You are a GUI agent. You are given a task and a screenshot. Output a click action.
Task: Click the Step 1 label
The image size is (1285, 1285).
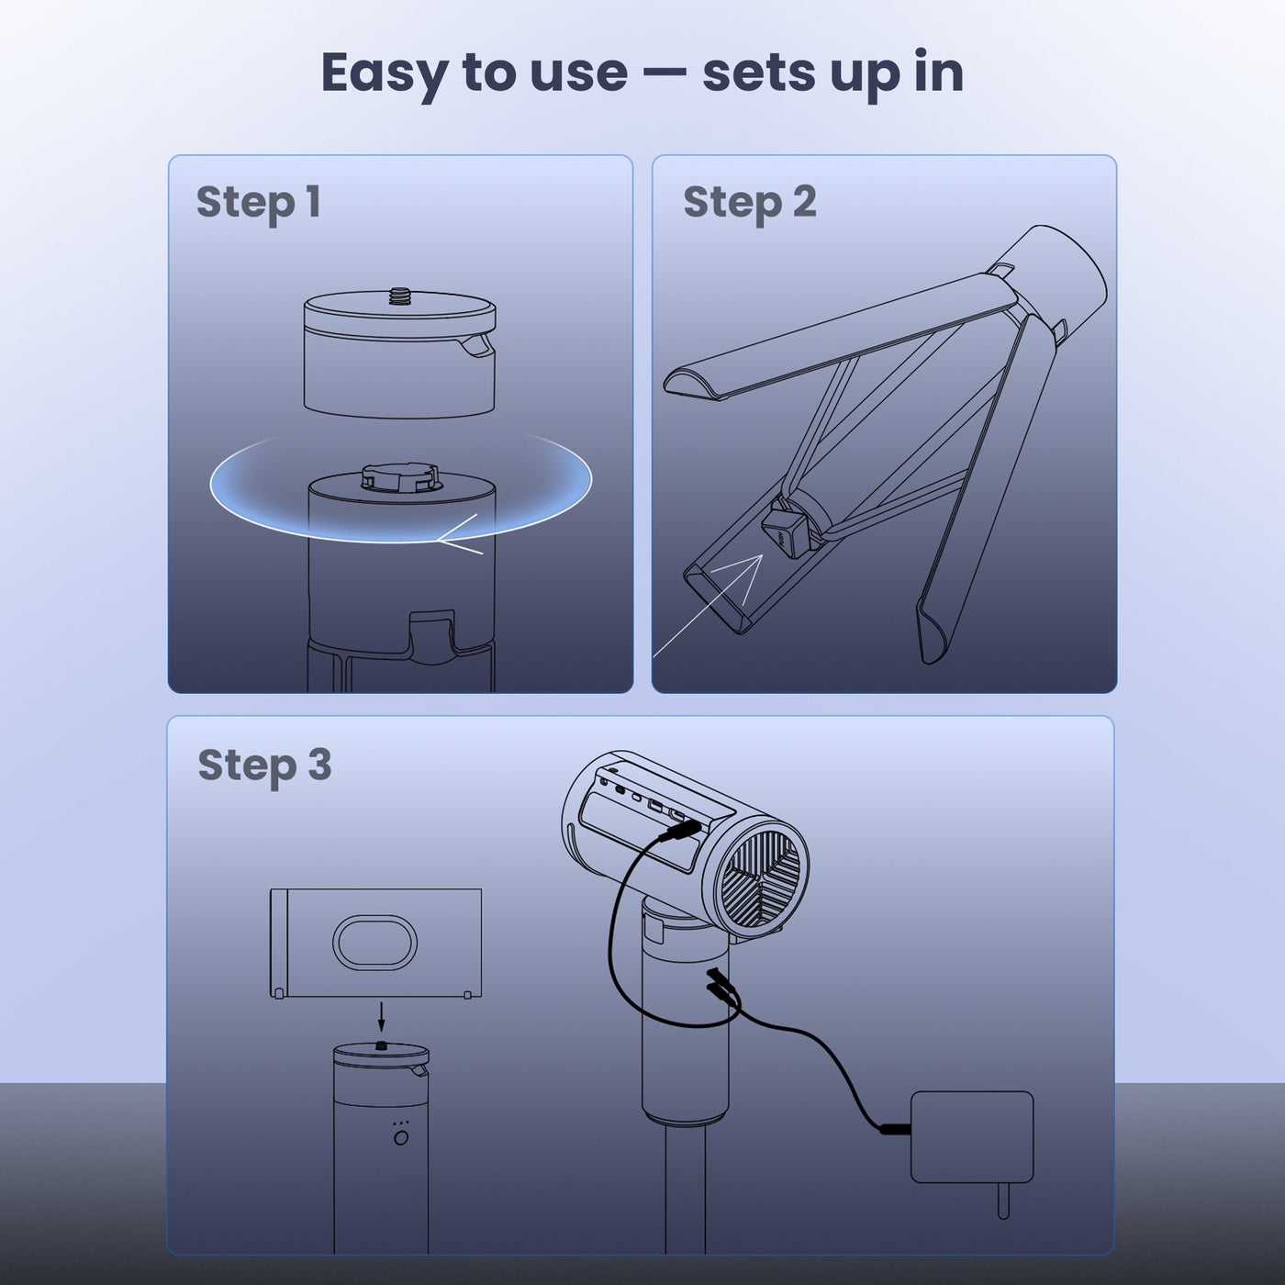pyautogui.click(x=258, y=202)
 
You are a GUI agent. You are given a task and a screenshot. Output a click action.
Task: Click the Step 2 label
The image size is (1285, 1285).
pyautogui.click(x=749, y=202)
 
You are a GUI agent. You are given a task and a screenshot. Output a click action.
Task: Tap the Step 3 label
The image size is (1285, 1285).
pyautogui.click(x=263, y=765)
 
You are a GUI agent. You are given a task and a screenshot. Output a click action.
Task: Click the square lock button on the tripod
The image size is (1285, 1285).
pyautogui.click(x=787, y=530)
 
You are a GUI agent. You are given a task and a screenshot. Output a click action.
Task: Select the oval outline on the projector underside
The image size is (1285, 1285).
pyautogui.click(x=374, y=942)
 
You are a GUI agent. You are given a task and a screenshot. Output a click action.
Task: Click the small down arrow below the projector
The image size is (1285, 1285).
pyautogui.click(x=381, y=1017)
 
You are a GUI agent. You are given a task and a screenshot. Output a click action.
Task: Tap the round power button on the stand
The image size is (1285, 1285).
pyautogui.click(x=401, y=1138)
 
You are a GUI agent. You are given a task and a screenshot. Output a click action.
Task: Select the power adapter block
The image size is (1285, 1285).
pyautogui.click(x=971, y=1136)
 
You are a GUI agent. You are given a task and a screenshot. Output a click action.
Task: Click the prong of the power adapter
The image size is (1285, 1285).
pyautogui.click(x=1003, y=1201)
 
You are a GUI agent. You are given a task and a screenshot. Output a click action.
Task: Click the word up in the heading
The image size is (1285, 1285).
pyautogui.click(x=852, y=74)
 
